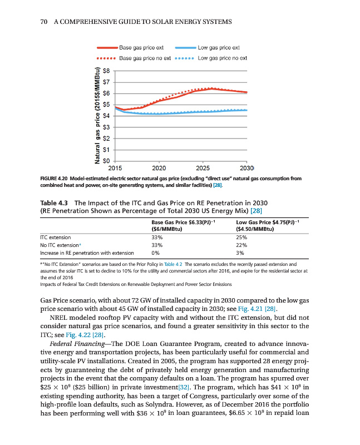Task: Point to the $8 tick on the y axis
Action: [108, 71]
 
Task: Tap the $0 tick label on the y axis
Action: [108, 160]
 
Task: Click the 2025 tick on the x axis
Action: [203, 167]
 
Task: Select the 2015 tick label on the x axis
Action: [115, 167]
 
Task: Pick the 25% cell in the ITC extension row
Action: [240, 236]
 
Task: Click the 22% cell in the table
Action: [240, 244]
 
